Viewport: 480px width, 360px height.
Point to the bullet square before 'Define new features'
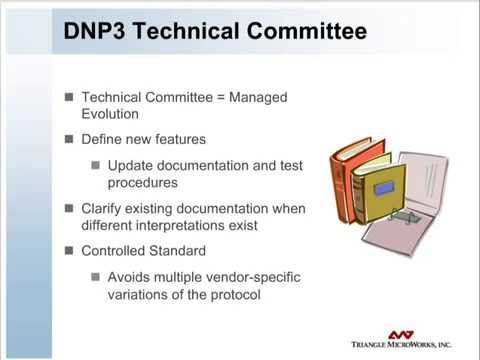[x=69, y=138]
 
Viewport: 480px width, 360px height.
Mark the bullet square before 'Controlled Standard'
[x=69, y=250]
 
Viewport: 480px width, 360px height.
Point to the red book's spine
[x=345, y=180]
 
